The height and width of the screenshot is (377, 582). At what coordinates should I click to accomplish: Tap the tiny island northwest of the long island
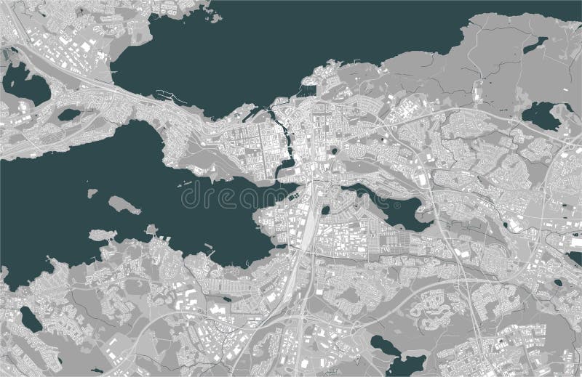[92, 194]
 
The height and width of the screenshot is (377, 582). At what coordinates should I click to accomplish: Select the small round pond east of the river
[333, 150]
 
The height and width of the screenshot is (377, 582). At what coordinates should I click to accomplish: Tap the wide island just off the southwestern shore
[102, 236]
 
